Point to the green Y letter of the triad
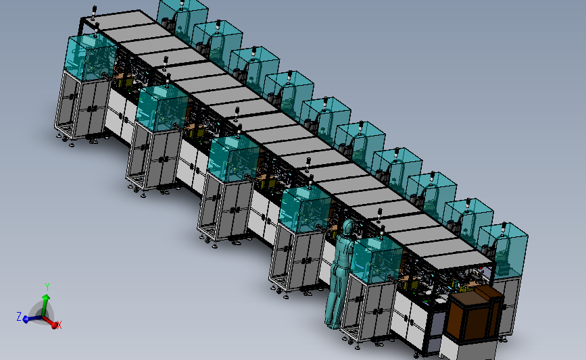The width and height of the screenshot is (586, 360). [47, 286]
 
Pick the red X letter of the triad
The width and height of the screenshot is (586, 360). [59, 325]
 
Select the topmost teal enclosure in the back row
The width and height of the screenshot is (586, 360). [182, 15]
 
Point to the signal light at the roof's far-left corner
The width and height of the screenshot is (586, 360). [94, 11]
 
